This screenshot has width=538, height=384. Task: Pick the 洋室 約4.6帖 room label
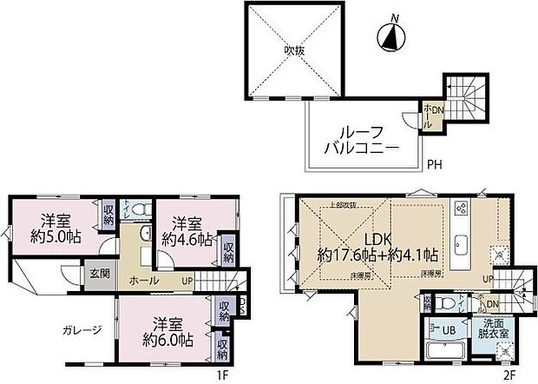[x=187, y=230]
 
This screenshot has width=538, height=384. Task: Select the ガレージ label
[x=82, y=329]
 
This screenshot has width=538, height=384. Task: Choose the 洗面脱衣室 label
[x=491, y=334]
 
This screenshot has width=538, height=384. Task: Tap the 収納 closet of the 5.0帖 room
[x=108, y=214]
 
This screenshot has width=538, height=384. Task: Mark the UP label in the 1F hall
[x=186, y=281]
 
